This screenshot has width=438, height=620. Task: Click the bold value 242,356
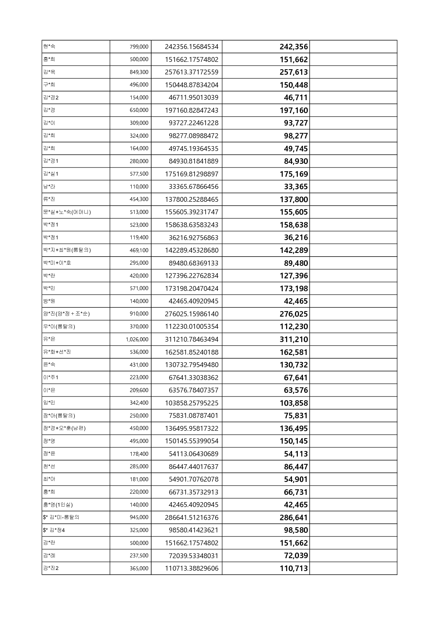(x=293, y=47)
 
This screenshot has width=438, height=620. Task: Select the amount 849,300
(x=139, y=72)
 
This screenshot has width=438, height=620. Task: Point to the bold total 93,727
(x=296, y=123)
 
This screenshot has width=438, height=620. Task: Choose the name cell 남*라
(x=49, y=187)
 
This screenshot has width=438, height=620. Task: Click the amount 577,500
(x=139, y=174)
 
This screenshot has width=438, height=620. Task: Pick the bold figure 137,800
(x=293, y=200)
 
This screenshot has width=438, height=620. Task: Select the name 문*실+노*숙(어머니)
(x=67, y=212)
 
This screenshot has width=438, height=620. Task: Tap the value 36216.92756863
(x=193, y=237)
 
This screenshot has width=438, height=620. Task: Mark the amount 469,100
(x=139, y=250)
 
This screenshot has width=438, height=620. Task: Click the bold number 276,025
(x=293, y=314)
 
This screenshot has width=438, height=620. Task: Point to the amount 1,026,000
(x=137, y=339)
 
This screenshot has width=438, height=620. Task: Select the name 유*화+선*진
(x=57, y=352)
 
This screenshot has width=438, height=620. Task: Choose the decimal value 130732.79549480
(x=192, y=365)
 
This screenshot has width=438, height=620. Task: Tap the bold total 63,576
(x=296, y=390)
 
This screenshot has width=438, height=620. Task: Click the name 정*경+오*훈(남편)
(x=64, y=428)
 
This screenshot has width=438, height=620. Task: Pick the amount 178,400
(x=139, y=454)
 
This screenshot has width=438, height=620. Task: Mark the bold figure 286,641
(x=293, y=518)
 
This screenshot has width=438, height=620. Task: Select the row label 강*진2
(x=51, y=568)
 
